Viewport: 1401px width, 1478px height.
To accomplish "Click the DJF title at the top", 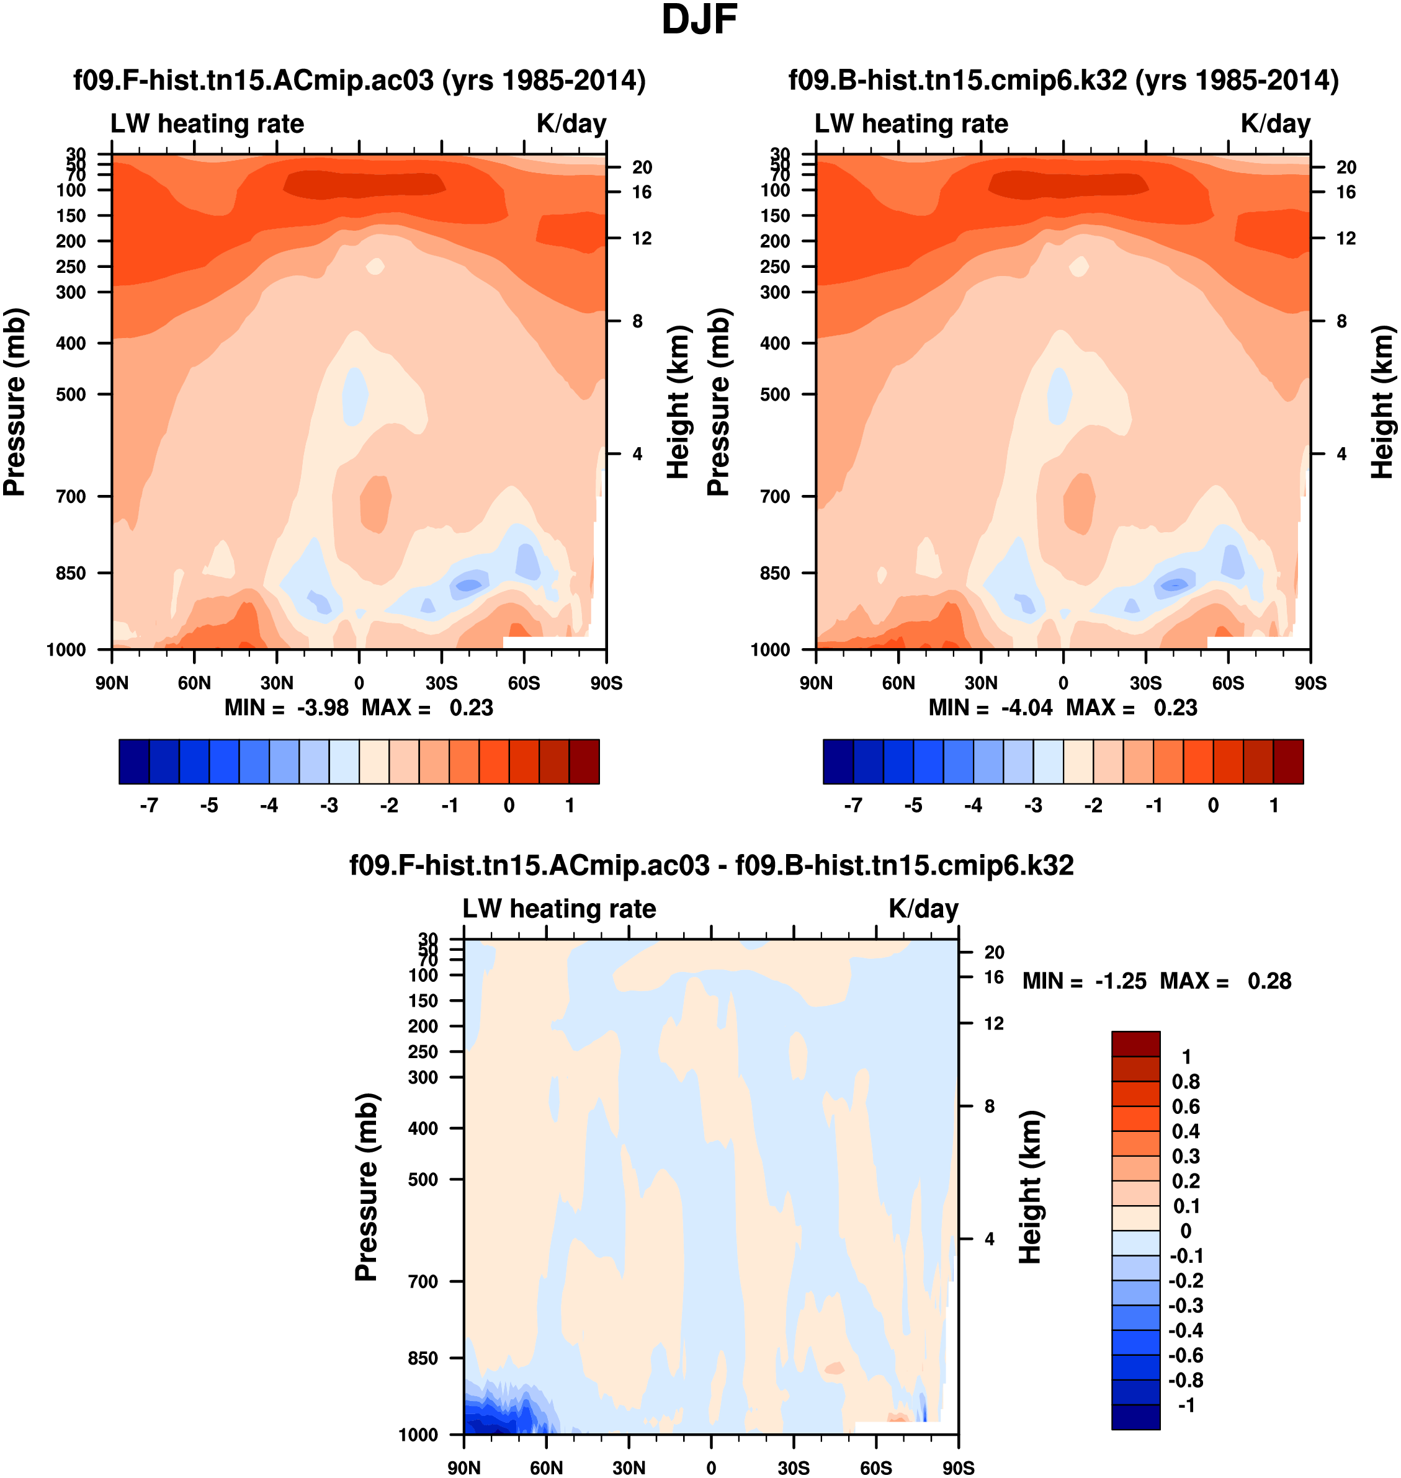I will [699, 20].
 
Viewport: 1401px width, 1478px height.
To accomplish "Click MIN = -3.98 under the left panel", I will [287, 708].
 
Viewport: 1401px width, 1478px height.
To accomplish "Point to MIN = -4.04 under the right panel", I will [990, 708].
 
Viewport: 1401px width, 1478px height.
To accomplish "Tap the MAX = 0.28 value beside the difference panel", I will [1225, 981].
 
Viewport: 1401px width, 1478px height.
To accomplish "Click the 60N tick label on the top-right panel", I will [898, 683].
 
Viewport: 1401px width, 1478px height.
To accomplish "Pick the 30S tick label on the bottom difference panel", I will [793, 1467].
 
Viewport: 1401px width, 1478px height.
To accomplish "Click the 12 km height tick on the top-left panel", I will [642, 239].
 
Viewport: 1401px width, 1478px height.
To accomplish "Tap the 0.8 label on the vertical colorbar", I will [1186, 1082].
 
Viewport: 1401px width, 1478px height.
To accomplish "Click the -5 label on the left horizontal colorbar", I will [209, 806].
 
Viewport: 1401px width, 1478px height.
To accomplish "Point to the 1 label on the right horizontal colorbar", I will [1274, 806].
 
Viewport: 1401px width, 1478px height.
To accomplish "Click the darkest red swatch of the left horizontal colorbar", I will [584, 762].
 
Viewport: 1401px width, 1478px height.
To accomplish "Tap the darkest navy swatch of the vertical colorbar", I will [1135, 1416].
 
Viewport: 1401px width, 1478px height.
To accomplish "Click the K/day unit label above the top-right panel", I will [1276, 124].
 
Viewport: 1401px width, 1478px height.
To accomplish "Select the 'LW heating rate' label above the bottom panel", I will [560, 909].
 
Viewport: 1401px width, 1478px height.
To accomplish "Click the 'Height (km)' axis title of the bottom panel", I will [1031, 1187].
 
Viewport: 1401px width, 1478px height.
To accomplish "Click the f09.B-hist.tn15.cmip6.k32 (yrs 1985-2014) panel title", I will [1063, 81].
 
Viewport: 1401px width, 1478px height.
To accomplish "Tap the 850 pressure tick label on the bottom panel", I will [423, 1358].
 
